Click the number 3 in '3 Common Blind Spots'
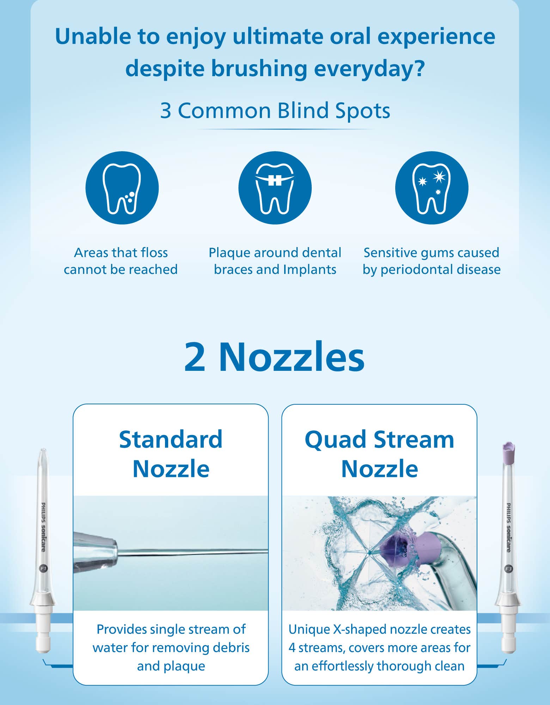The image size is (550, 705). click(166, 111)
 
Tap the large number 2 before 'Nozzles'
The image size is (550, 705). click(195, 357)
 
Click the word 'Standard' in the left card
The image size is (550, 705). click(171, 440)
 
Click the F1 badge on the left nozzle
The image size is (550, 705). click(43, 568)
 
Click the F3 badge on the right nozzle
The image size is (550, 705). click(508, 569)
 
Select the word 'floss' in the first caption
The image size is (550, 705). click(154, 252)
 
